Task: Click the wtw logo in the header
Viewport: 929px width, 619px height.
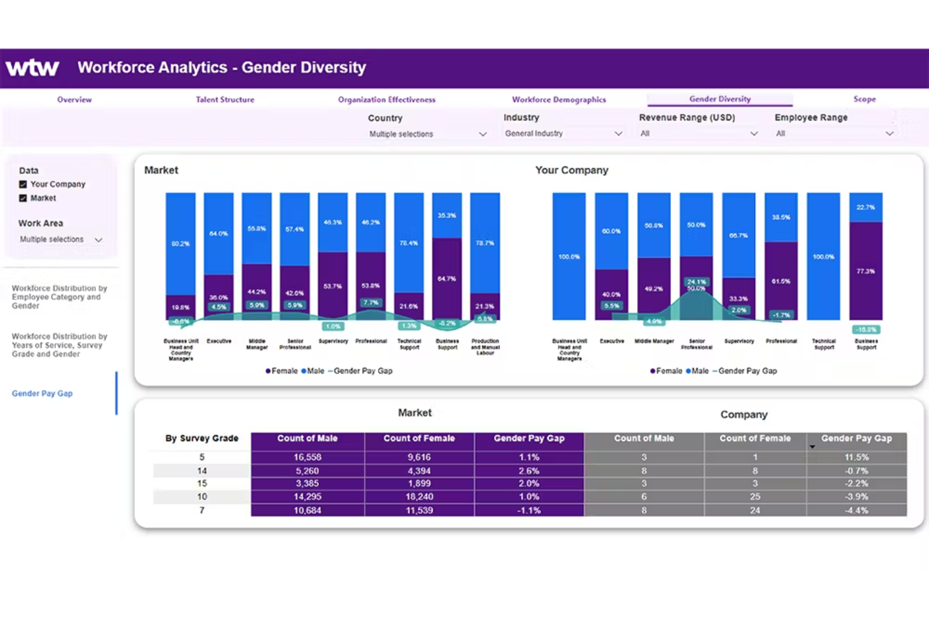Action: pyautogui.click(x=33, y=68)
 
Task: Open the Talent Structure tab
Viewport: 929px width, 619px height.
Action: pyautogui.click(x=225, y=100)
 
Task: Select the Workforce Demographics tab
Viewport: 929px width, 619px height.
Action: pyautogui.click(x=559, y=100)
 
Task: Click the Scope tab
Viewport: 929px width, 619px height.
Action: pyautogui.click(x=864, y=99)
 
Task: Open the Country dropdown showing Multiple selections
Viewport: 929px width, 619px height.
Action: pyautogui.click(x=427, y=134)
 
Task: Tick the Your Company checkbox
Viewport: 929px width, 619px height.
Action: pyautogui.click(x=23, y=184)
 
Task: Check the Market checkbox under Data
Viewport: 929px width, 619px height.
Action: pyautogui.click(x=23, y=198)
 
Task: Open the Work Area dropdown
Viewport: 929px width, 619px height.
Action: pyautogui.click(x=61, y=240)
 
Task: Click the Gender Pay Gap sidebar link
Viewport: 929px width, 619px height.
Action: pyautogui.click(x=42, y=394)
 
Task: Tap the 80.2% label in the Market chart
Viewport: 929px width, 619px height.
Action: pyautogui.click(x=180, y=243)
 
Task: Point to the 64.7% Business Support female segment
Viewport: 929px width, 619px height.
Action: pyautogui.click(x=447, y=278)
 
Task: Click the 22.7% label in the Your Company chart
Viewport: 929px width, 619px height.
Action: pyautogui.click(x=865, y=207)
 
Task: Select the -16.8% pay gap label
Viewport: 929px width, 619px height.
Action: pyautogui.click(x=866, y=329)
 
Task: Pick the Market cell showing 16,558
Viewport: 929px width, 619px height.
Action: pyautogui.click(x=308, y=457)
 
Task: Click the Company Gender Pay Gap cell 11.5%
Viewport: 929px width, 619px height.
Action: pyautogui.click(x=856, y=457)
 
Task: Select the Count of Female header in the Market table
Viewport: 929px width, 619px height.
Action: pyautogui.click(x=419, y=439)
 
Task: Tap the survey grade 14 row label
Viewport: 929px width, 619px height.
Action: pyautogui.click(x=201, y=471)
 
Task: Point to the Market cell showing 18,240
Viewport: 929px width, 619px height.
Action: pyautogui.click(x=419, y=497)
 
